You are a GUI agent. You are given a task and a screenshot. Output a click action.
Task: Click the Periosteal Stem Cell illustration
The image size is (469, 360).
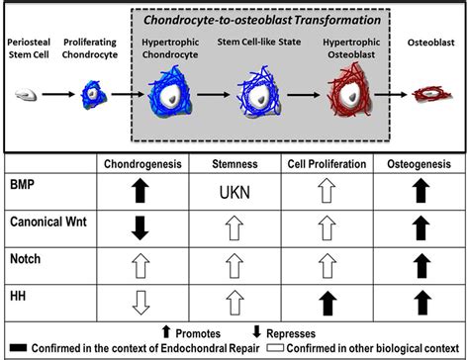[27, 97]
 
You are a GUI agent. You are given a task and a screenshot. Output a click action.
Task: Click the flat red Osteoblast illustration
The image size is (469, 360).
[432, 97]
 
